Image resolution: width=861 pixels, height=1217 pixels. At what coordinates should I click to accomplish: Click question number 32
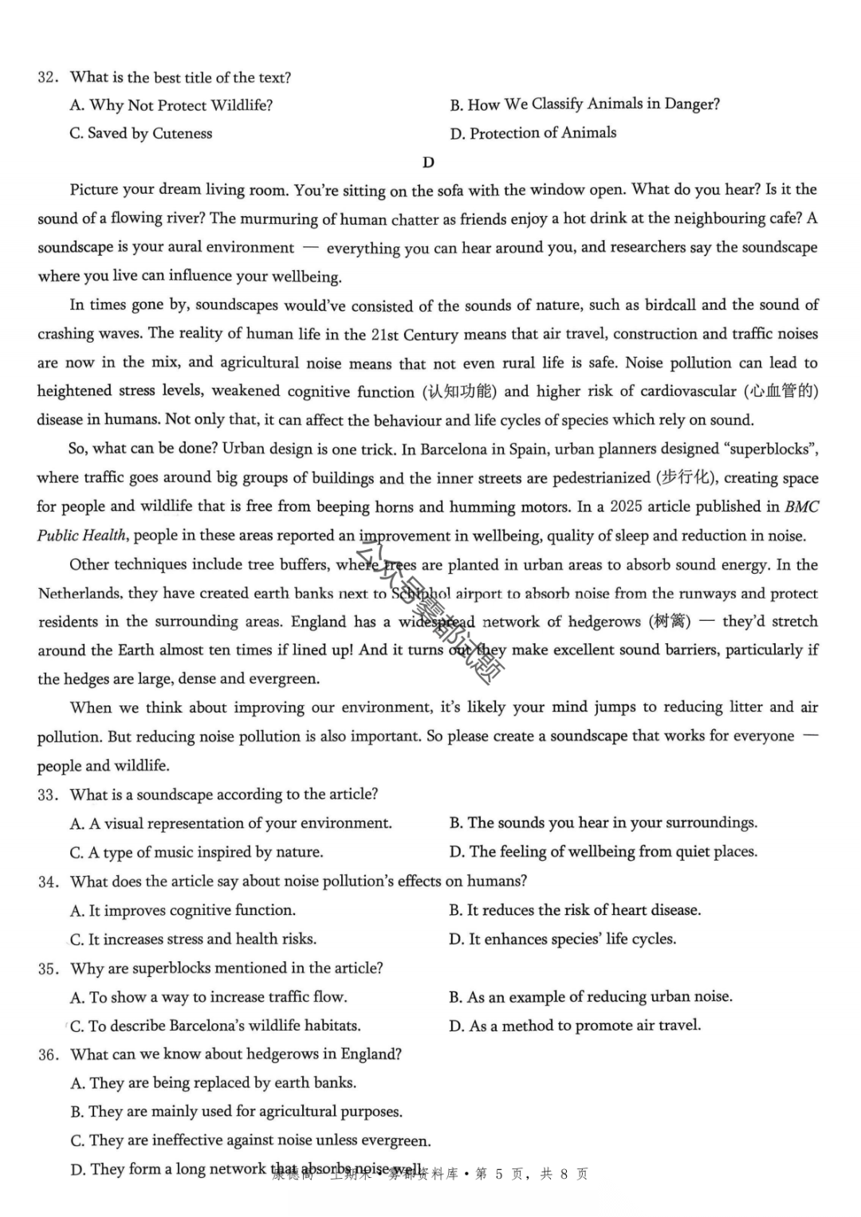point(47,78)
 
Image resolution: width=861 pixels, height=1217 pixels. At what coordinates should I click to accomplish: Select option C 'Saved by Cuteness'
point(141,134)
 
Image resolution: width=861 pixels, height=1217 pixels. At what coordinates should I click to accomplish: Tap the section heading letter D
point(428,163)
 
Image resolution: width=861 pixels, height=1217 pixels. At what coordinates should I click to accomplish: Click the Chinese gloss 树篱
point(668,622)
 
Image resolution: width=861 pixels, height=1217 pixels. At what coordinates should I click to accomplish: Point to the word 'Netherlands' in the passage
point(81,594)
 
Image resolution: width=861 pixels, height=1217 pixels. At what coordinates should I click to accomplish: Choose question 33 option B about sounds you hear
point(603,823)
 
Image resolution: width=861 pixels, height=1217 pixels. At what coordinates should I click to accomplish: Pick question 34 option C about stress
point(193,940)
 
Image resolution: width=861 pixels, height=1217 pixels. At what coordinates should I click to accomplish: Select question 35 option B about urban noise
point(591,997)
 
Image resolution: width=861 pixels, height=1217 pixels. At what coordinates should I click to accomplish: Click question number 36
point(48,1055)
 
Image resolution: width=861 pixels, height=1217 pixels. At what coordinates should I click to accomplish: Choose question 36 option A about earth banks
point(213,1083)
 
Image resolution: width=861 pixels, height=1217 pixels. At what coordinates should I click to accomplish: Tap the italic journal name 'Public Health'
point(81,536)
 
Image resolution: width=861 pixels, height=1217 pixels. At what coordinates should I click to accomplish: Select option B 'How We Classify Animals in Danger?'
point(584,105)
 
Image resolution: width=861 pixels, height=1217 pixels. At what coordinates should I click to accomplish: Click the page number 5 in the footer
point(499,1174)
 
